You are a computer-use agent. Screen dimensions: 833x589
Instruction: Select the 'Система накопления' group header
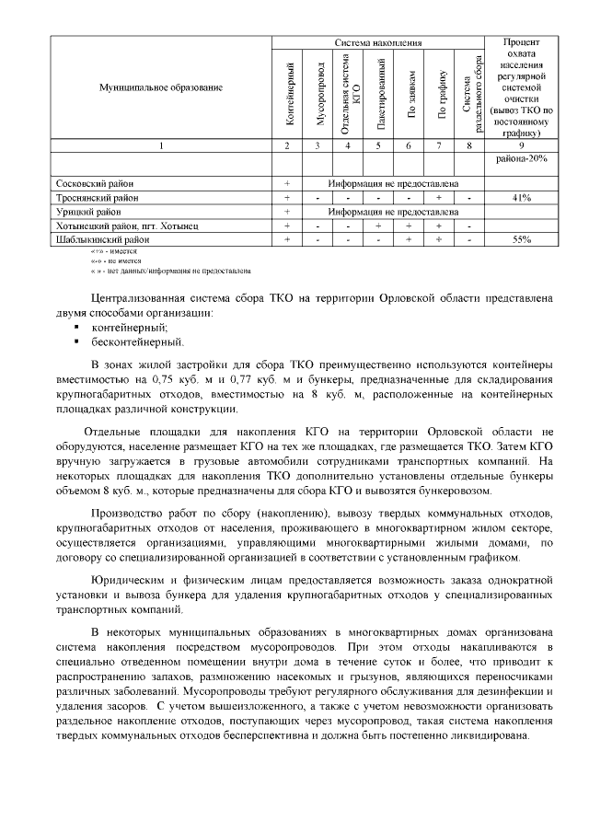[377, 42]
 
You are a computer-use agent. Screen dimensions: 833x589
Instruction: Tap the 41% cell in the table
[522, 198]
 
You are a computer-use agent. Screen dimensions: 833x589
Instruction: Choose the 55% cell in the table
[522, 239]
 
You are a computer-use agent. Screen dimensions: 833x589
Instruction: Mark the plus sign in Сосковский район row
[287, 184]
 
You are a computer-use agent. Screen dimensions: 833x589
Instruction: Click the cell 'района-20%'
[522, 158]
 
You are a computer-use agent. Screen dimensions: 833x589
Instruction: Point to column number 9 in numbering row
[522, 145]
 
